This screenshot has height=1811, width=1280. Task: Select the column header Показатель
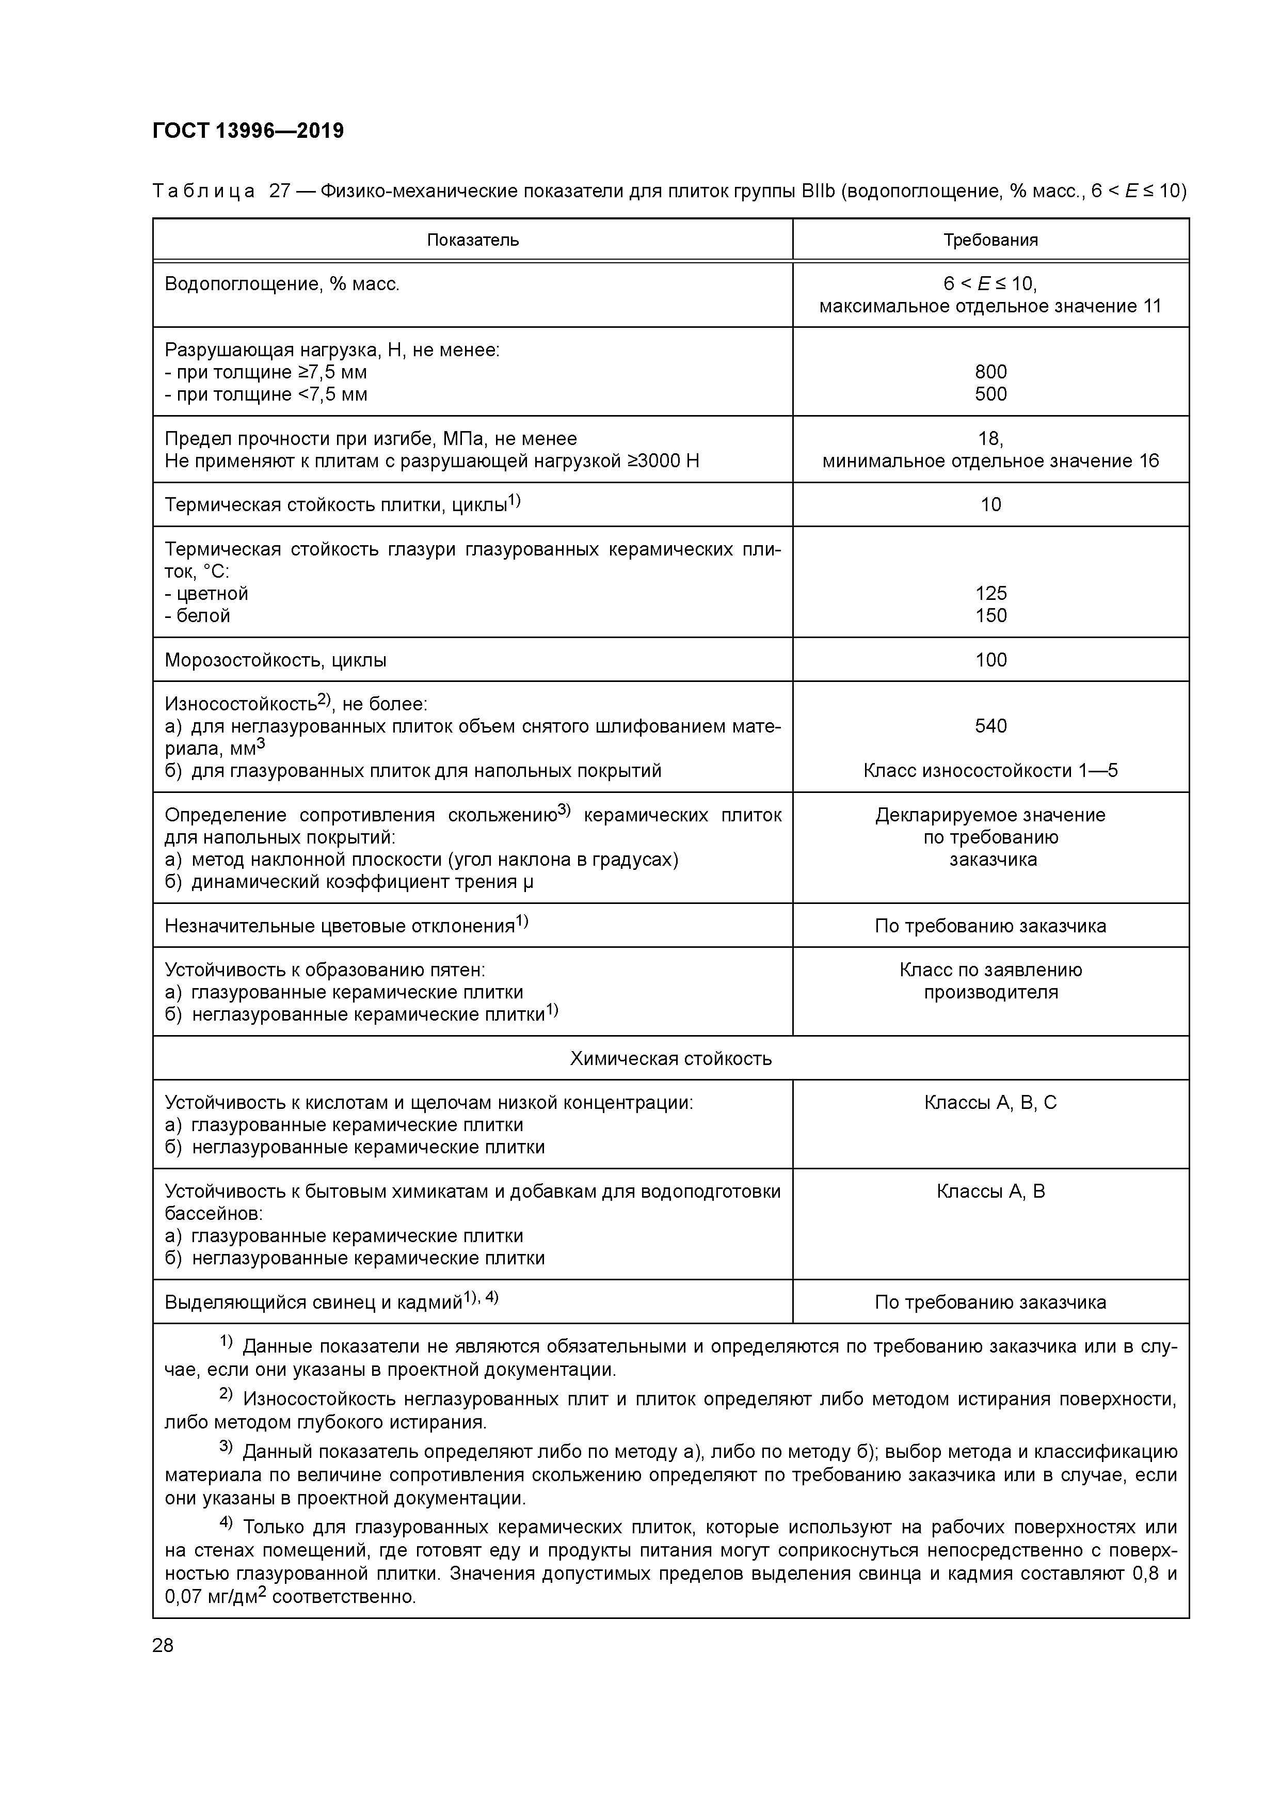pyautogui.click(x=472, y=240)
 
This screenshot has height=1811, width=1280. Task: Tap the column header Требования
pyautogui.click(x=990, y=240)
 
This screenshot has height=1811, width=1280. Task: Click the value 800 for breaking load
pyautogui.click(x=990, y=372)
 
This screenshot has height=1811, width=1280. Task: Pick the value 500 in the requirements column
pyautogui.click(x=990, y=393)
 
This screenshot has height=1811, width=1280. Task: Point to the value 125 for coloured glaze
pyautogui.click(x=990, y=593)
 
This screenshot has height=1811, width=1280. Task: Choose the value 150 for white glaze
pyautogui.click(x=990, y=615)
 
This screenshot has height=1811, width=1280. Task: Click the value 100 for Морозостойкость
pyautogui.click(x=990, y=659)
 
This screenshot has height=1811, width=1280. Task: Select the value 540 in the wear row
pyautogui.click(x=990, y=726)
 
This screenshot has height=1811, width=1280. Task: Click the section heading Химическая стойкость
pyautogui.click(x=670, y=1058)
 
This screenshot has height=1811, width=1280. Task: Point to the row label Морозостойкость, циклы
pyautogui.click(x=275, y=659)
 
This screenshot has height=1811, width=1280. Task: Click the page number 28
pyautogui.click(x=163, y=1645)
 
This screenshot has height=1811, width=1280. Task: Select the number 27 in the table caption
pyautogui.click(x=280, y=191)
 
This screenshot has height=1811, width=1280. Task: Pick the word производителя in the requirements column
pyautogui.click(x=990, y=992)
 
